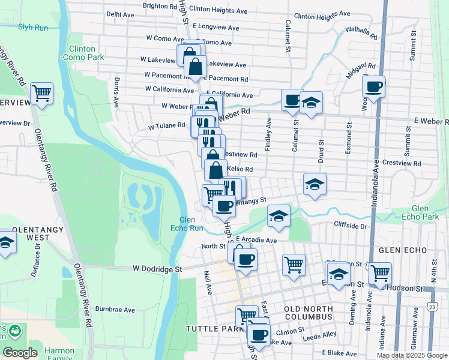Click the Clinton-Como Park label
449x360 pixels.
pos(82,53)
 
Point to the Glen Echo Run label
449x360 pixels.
pos(191,224)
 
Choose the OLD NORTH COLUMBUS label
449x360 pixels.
pos(307,312)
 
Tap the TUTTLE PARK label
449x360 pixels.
pos(208,329)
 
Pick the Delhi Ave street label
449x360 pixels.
pos(120,13)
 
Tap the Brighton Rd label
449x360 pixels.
pos(159,5)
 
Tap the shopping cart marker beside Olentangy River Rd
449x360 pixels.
pos(41,93)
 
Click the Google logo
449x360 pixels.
pos(20,353)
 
